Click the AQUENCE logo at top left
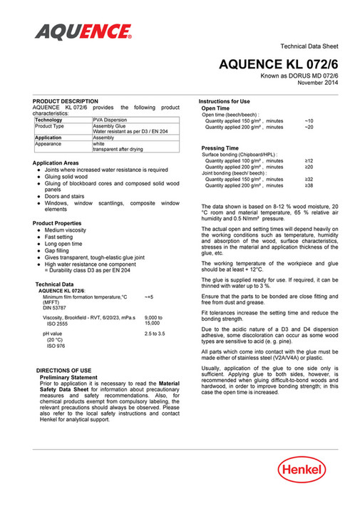[x=83, y=31]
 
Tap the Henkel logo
[x=302, y=471]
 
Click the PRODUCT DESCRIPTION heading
[x=66, y=101]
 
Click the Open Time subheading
[x=217, y=108]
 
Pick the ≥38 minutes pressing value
[x=309, y=185]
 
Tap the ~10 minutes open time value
[x=309, y=120]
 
